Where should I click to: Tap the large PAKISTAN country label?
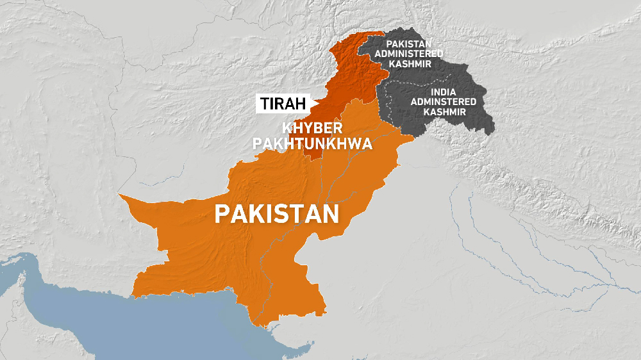click(x=277, y=213)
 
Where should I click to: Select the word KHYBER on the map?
click(x=312, y=127)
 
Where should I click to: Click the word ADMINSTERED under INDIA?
click(x=444, y=101)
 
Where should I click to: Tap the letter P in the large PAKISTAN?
click(x=222, y=213)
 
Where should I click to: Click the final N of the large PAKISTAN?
click(x=330, y=213)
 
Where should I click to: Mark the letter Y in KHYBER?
click(x=306, y=127)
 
